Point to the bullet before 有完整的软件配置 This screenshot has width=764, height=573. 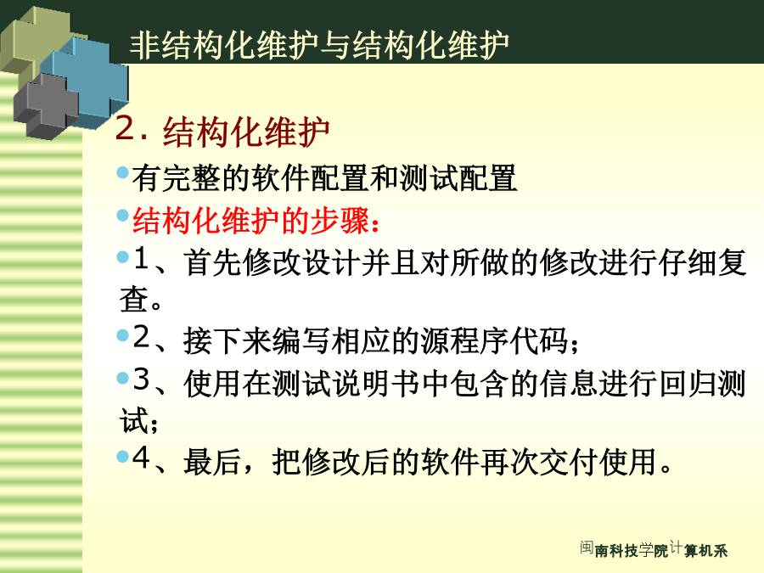point(123,172)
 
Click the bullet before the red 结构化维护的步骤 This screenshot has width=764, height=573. point(123,215)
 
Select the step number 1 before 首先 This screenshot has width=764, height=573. point(141,258)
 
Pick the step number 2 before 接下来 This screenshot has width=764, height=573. point(141,336)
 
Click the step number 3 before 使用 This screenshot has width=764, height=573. point(141,379)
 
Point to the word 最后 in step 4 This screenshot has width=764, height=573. point(213,462)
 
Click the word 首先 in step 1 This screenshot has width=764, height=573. point(213,262)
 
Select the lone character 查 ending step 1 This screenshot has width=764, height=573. point(133,299)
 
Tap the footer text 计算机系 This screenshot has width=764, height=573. point(699,548)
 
